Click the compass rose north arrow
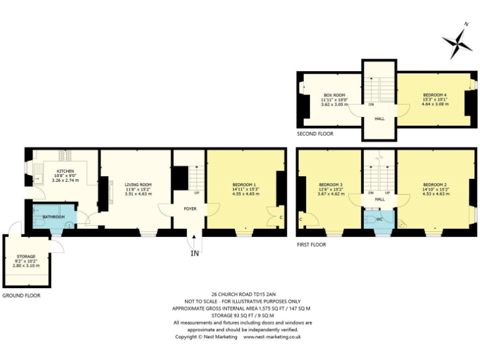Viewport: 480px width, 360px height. click(459, 43)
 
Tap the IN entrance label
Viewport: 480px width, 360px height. click(194, 254)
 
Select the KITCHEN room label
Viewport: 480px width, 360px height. click(66, 171)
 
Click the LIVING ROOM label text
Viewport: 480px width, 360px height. click(138, 184)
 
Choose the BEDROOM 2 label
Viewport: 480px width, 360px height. click(434, 184)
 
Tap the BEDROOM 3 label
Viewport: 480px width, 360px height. click(331, 184)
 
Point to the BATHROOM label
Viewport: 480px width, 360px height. click(54, 217)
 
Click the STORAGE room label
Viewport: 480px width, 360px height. click(26, 256)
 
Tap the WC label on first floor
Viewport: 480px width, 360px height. click(379, 219)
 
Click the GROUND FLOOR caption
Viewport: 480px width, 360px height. click(22, 295)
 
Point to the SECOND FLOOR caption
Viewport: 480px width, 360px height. click(316, 134)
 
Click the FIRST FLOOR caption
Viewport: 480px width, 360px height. click(311, 244)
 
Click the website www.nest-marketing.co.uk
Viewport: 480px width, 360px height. click(272, 337)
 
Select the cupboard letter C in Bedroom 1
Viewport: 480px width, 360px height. click(281, 217)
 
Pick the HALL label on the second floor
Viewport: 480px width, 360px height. click(379, 119)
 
